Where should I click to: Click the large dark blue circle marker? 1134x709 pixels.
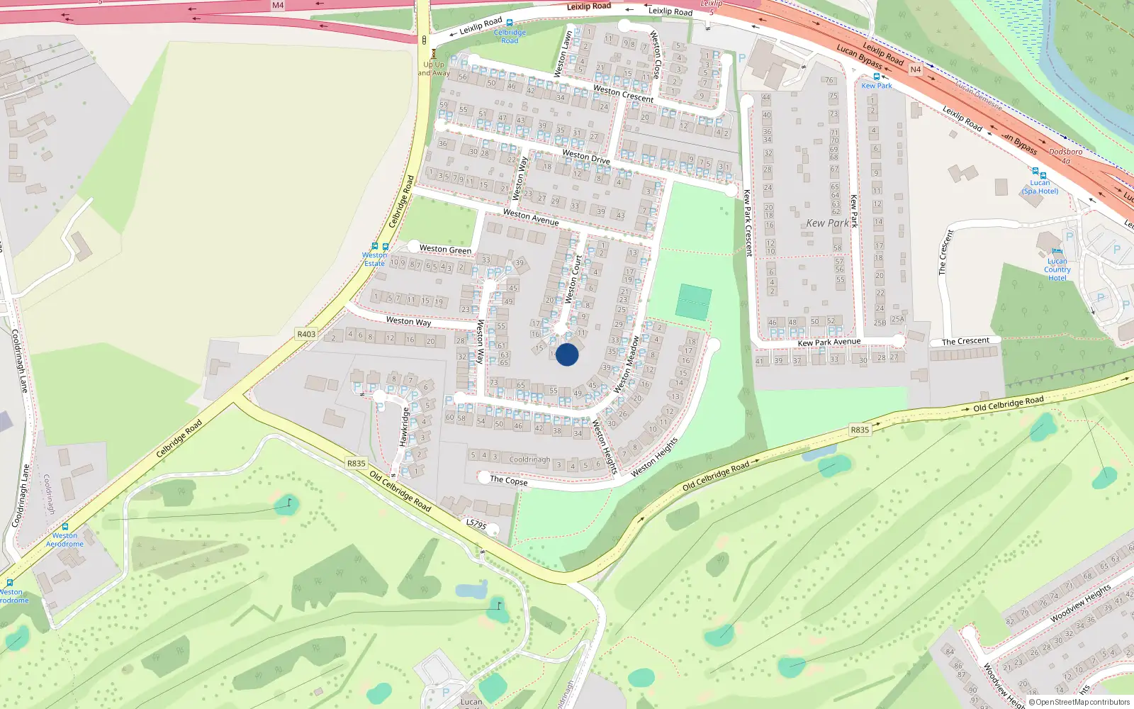pyautogui.click(x=567, y=354)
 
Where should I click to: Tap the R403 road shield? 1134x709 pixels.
pyautogui.click(x=306, y=334)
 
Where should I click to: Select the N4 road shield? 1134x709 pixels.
pyautogui.click(x=916, y=69)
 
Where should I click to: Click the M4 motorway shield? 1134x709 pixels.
pyautogui.click(x=278, y=5)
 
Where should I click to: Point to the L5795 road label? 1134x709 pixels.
pyautogui.click(x=476, y=524)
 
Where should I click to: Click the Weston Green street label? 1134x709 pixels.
pyautogui.click(x=445, y=250)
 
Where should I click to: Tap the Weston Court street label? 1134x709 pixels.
pyautogui.click(x=574, y=279)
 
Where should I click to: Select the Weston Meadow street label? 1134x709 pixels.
pyautogui.click(x=627, y=364)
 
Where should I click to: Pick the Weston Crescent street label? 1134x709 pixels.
pyautogui.click(x=624, y=94)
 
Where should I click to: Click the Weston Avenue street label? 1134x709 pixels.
pyautogui.click(x=531, y=217)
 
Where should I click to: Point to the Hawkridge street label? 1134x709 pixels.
pyautogui.click(x=403, y=427)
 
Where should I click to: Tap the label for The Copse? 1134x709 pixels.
pyautogui.click(x=508, y=481)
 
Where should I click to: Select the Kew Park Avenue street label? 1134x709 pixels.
pyautogui.click(x=829, y=342)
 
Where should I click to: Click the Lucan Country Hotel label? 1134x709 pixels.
pyautogui.click(x=1057, y=269)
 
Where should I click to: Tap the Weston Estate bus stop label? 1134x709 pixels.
pyautogui.click(x=374, y=259)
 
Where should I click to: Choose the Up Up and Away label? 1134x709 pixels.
pyautogui.click(x=434, y=69)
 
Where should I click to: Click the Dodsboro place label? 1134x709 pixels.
pyautogui.click(x=1065, y=152)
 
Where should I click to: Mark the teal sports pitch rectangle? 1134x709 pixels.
pyautogui.click(x=693, y=302)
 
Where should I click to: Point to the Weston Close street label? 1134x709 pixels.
pyautogui.click(x=656, y=55)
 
